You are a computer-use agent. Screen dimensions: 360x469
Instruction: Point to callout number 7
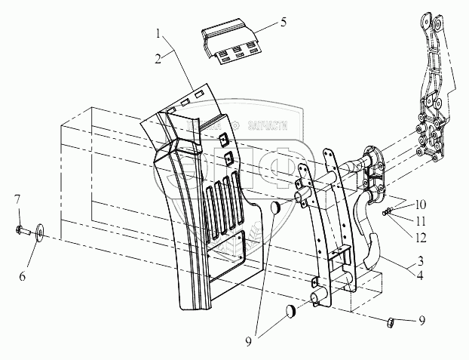click(17, 199)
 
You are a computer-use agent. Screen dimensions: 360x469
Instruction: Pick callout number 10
click(419, 204)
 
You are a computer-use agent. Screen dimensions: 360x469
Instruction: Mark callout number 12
click(419, 238)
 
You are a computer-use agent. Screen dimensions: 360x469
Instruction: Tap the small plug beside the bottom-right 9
click(391, 323)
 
